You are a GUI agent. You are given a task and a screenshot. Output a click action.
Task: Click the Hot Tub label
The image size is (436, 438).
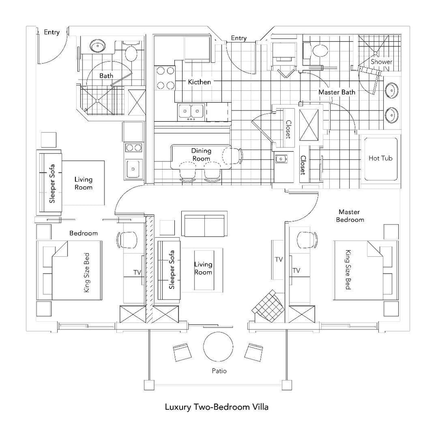click(x=380, y=159)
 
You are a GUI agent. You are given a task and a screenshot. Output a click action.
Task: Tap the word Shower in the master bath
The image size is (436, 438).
click(x=381, y=62)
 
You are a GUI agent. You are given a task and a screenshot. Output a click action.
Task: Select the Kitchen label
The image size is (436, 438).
click(x=199, y=82)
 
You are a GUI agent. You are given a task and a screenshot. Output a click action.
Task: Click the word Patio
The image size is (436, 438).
click(x=219, y=371)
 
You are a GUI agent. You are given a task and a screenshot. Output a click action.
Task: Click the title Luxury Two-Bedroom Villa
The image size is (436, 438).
click(x=217, y=407)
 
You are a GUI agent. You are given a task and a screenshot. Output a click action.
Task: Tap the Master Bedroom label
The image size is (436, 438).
click(x=350, y=216)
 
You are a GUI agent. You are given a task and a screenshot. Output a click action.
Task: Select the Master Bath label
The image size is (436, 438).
click(x=337, y=92)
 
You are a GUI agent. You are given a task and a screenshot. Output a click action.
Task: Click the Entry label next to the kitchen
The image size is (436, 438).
click(x=238, y=38)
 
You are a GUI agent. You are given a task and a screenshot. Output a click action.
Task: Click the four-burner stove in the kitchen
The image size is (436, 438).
click(x=166, y=78)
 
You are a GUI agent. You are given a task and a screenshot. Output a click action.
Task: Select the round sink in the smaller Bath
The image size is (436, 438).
click(x=97, y=46)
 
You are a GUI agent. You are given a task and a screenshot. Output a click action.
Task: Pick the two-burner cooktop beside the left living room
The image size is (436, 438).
click(x=133, y=148)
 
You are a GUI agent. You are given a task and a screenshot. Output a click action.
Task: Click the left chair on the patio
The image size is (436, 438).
click(x=183, y=352)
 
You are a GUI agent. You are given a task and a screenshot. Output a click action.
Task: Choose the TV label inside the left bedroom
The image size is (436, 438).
click(x=137, y=272)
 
